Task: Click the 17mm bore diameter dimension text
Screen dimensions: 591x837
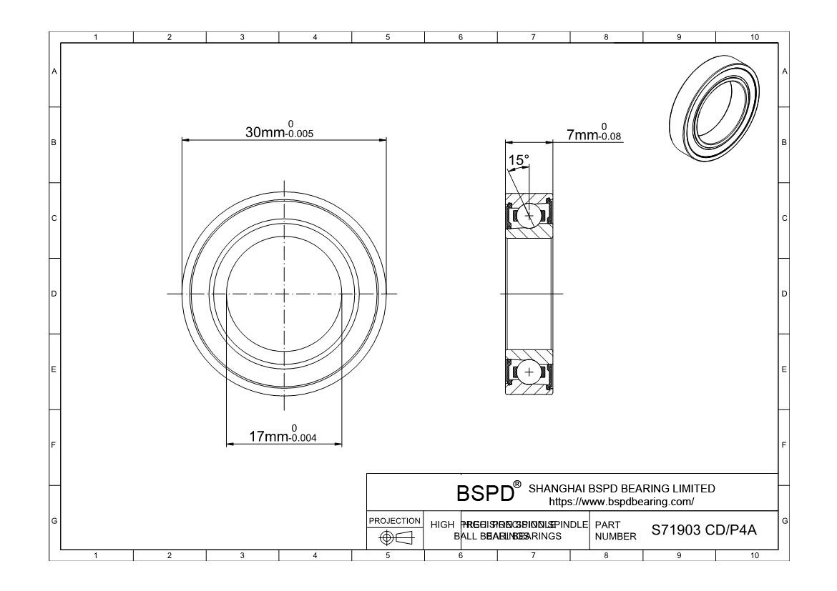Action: tap(268, 437)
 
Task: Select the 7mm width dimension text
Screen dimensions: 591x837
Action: tap(581, 134)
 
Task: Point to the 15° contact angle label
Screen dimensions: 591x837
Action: tap(518, 159)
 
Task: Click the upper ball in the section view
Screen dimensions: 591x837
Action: tap(529, 215)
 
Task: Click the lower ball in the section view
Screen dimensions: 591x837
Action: tap(529, 372)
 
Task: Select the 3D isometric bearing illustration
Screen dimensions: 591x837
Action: tap(715, 107)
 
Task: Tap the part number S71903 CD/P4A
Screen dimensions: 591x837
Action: tap(704, 530)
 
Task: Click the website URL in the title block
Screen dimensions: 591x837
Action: tap(621, 502)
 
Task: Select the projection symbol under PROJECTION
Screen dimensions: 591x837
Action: tap(396, 537)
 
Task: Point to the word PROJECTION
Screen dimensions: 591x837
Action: tap(395, 521)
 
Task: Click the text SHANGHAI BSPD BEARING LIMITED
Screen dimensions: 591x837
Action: tap(621, 489)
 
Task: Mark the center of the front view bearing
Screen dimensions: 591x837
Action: tap(284, 293)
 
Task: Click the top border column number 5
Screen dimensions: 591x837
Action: tap(388, 37)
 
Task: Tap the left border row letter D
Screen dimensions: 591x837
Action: tap(54, 294)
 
